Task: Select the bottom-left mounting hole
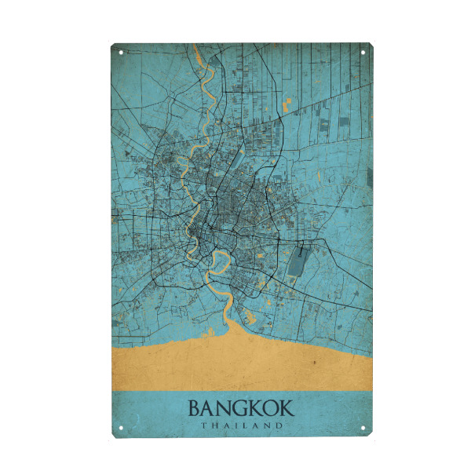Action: coord(121,429)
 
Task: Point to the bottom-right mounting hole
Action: coord(363,429)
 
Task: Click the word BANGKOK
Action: coord(241,409)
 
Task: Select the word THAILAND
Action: coord(241,425)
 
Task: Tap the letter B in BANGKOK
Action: coord(194,409)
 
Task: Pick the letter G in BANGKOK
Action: coord(239,409)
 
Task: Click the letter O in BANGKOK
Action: coord(270,409)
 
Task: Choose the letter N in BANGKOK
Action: coord(224,409)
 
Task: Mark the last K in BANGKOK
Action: coord(287,409)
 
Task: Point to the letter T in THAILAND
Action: coord(203,425)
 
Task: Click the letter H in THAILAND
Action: coord(214,425)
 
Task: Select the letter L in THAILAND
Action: coord(246,425)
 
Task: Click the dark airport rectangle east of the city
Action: coord(298,260)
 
